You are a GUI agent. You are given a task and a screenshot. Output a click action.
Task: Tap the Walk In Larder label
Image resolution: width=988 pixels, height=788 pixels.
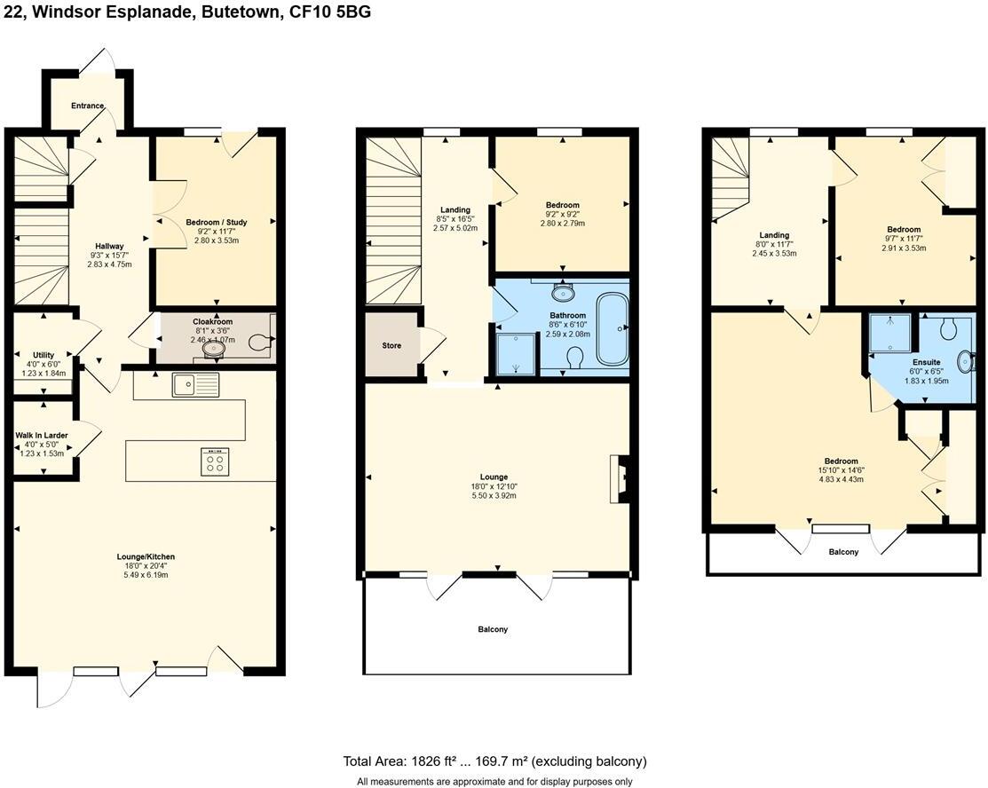pos(43,435)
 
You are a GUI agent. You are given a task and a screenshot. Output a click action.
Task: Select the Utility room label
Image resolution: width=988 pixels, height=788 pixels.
pos(43,355)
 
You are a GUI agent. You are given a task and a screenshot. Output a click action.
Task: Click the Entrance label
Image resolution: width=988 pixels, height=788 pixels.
pos(88,106)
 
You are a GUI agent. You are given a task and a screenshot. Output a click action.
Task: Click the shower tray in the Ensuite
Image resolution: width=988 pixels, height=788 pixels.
pos(890,333)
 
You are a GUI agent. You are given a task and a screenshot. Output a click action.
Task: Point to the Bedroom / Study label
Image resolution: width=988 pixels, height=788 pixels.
pos(217,222)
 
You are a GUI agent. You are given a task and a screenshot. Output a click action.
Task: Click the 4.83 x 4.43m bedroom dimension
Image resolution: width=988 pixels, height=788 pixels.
pos(841,479)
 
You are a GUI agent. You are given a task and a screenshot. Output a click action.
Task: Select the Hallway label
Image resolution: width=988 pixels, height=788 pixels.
pos(110,246)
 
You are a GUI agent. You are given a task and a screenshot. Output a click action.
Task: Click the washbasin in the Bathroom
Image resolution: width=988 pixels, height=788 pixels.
pos(563,292)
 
